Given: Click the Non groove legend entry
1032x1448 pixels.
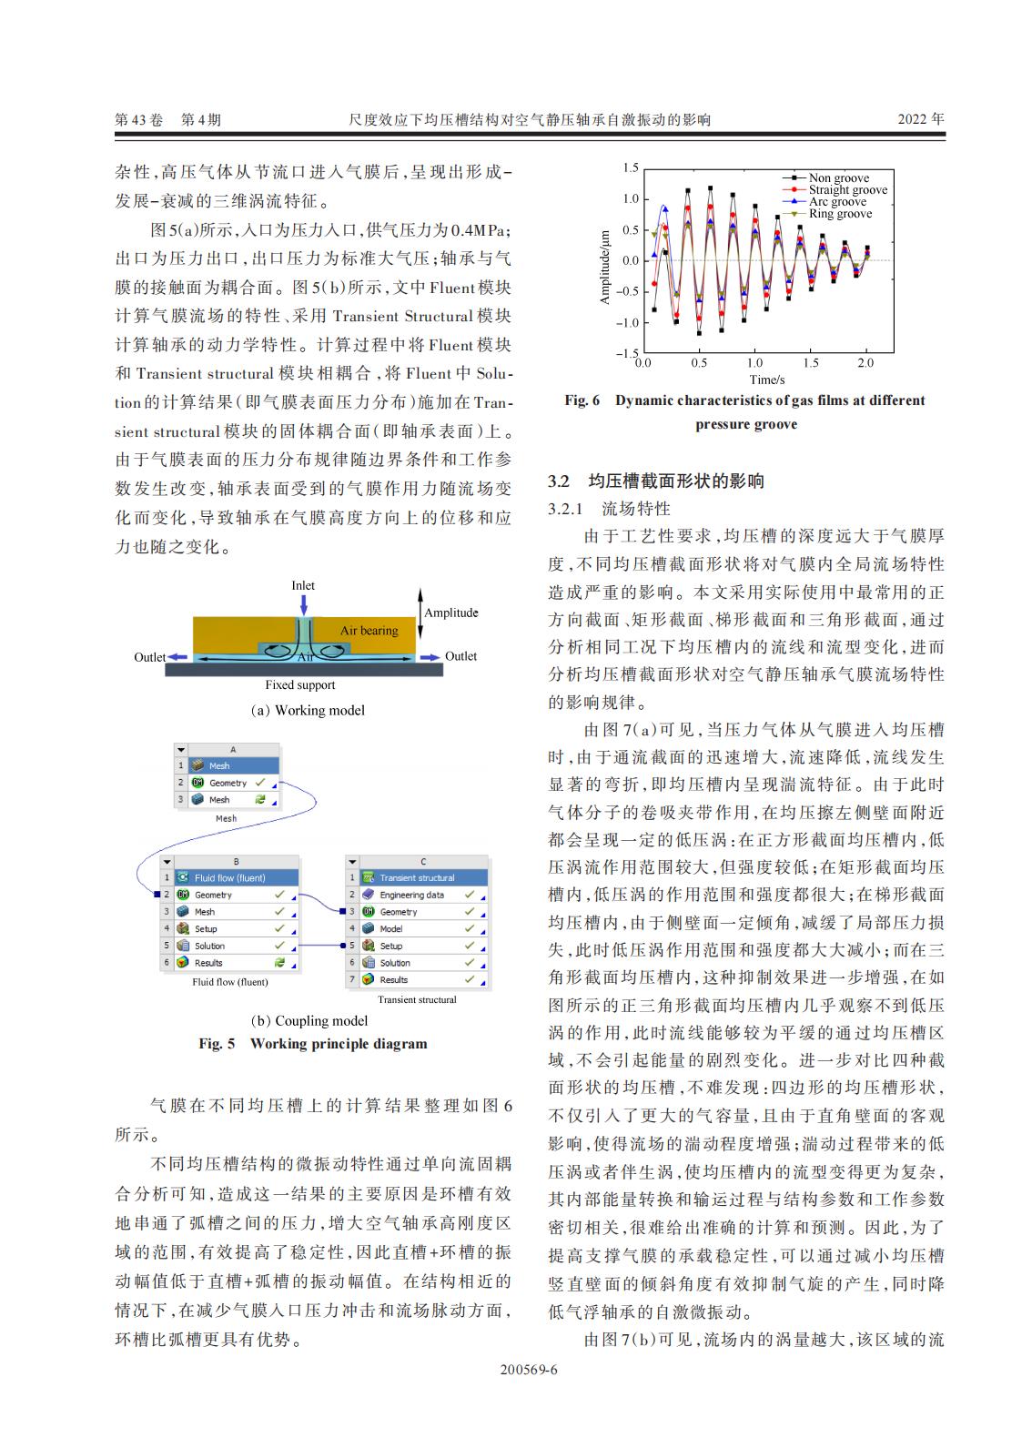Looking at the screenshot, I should coord(838,178).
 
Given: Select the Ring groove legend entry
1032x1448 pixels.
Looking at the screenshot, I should coord(840,214).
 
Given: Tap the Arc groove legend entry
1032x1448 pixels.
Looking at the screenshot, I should coord(837,202).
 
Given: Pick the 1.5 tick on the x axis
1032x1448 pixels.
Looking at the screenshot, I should coord(810,363).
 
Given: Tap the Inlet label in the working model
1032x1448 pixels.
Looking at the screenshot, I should coord(303,585).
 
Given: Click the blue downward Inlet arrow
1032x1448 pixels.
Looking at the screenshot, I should coord(303,604).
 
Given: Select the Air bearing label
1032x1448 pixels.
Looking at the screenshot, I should coord(369,630).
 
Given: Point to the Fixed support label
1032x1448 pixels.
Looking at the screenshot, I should coord(300,685).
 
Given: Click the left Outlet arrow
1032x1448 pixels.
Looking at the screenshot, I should coord(179,657).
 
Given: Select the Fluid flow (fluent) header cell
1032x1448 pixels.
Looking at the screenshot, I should coord(229,877).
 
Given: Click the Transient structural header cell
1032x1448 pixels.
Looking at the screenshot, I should coord(417,877).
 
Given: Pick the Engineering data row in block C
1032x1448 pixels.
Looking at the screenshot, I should coord(412,895).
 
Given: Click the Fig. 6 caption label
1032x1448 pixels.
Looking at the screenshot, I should coord(582,400).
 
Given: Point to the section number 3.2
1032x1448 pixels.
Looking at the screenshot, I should coord(559,481).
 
